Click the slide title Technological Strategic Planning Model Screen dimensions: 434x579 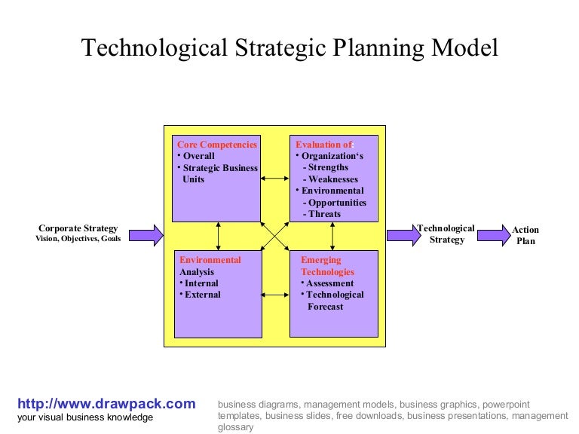coord(289,48)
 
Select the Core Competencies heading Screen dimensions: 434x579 coord(216,145)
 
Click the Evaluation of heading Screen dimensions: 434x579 coord(323,145)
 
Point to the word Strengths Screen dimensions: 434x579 coord(329,168)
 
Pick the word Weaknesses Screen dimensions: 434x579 coord(333,179)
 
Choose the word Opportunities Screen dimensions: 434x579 coord(337,203)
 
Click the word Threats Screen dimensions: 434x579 coord(325,214)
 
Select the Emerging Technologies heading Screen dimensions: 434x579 coord(327,266)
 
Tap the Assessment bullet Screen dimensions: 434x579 coord(329,283)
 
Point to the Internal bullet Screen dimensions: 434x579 coord(201,283)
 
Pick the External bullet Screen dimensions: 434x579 coord(202,295)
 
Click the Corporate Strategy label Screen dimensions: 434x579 coord(78,228)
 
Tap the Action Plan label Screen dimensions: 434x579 coord(525,235)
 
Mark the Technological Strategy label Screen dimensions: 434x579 coord(446,234)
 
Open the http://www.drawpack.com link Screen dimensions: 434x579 coord(106,404)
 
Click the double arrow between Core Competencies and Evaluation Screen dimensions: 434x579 coord(274,179)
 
